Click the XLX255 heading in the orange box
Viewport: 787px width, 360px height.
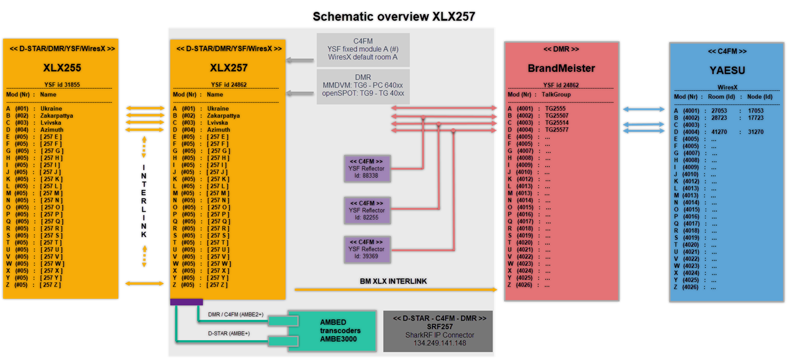(x=62, y=68)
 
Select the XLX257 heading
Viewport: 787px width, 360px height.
(x=228, y=68)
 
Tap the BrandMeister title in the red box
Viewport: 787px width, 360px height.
(x=561, y=68)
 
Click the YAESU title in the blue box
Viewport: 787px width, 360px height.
(x=727, y=70)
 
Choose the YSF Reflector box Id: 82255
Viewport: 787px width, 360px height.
(x=366, y=211)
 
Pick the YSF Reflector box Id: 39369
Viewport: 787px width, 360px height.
(x=366, y=249)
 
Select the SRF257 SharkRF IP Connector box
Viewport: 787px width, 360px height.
(x=438, y=330)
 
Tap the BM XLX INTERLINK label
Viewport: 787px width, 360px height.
(x=393, y=282)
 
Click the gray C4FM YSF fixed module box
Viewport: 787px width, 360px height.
(x=363, y=49)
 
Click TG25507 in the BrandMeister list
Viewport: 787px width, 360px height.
(x=556, y=116)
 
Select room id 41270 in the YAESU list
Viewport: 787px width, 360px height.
(x=719, y=132)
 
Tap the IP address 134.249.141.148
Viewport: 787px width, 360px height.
(x=439, y=343)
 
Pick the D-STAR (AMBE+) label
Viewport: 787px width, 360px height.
(x=229, y=334)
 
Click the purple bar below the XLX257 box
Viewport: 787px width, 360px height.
(x=186, y=302)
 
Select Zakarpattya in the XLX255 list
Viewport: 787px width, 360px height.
(x=56, y=116)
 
